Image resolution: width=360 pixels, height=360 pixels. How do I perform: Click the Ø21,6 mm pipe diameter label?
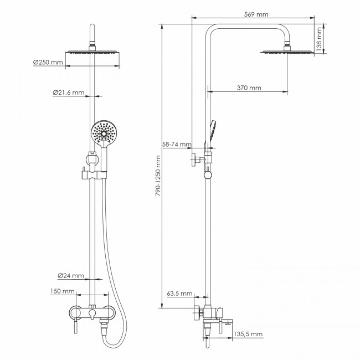pos(69,92)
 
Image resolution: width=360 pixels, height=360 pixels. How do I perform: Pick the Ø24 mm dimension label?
pos(71,275)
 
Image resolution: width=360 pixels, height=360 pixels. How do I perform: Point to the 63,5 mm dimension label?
pos(179,293)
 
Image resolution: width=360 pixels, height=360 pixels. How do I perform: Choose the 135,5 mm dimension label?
pos(248,334)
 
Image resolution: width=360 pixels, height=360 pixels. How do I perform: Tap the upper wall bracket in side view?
pos(197,159)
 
